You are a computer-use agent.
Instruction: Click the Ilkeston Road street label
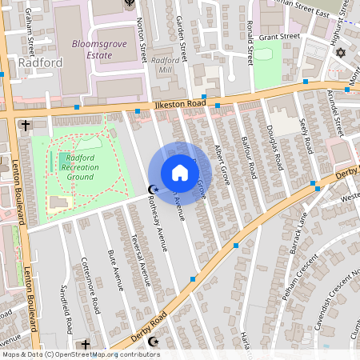click(x=173, y=104)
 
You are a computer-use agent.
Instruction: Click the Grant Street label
click(x=278, y=37)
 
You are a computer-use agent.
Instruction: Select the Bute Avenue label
click(x=115, y=267)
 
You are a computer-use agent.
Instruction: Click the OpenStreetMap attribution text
click(x=80, y=354)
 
